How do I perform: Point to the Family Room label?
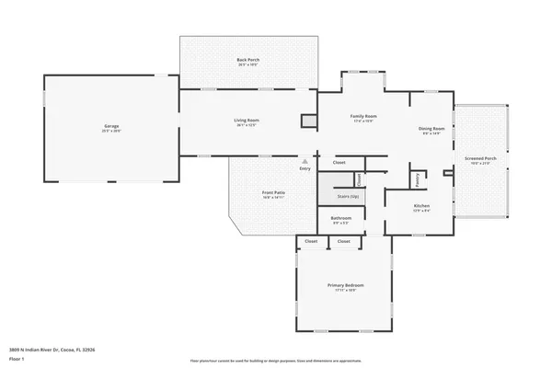coord(363,116)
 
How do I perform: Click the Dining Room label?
coord(432,129)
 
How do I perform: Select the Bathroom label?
coord(341,219)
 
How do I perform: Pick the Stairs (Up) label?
coord(339,196)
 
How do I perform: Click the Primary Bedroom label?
coord(341,286)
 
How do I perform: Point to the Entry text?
coord(305,168)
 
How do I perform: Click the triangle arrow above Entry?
coord(305,161)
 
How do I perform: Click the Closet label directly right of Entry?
coord(339,162)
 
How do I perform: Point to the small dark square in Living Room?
coord(309,120)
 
